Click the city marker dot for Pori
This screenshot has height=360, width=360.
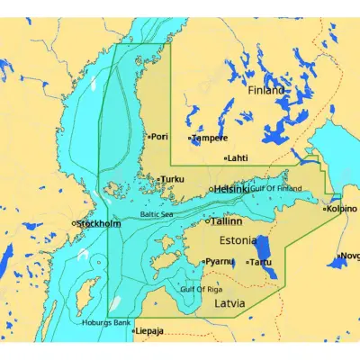148,137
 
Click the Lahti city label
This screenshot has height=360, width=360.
238,157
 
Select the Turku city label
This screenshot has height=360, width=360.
172,179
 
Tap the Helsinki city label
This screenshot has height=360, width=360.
233,189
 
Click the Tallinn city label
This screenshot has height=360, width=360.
227,220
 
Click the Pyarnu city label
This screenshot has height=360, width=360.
220,261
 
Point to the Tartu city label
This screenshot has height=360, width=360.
262,262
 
